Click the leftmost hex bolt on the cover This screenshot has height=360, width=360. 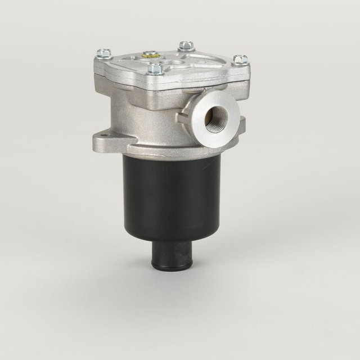coord(101,53)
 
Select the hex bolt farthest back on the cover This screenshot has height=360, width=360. coord(186,46)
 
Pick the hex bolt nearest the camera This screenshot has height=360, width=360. coord(155,69)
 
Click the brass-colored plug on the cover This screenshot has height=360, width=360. coord(149,54)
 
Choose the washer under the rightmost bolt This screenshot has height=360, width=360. coord(240,62)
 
